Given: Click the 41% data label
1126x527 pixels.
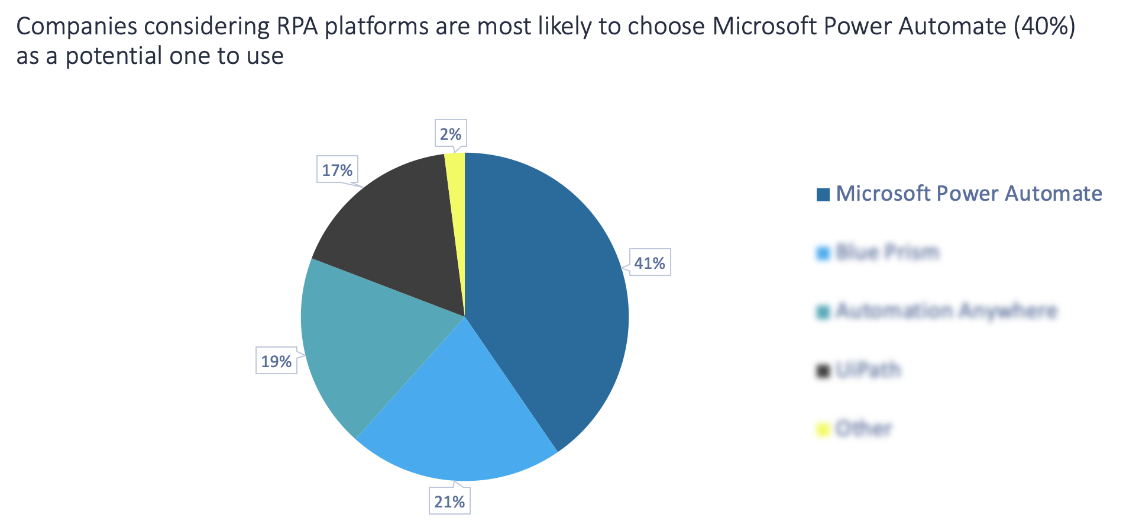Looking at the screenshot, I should point(649,262).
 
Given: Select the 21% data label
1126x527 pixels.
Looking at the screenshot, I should point(449,501).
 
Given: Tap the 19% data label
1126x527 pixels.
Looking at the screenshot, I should point(276,361).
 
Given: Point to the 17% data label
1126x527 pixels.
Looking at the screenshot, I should point(337,170).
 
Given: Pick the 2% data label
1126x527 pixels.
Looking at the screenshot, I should point(451,134).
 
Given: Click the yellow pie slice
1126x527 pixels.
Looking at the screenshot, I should point(456,195).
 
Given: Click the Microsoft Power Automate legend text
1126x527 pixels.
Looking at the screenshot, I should point(969,194).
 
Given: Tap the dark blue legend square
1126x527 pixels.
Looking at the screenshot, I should point(823,194).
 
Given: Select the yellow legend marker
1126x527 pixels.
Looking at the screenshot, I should point(823,429).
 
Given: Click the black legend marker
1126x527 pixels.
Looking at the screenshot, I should point(823,371).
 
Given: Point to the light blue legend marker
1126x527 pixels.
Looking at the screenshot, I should point(823,253).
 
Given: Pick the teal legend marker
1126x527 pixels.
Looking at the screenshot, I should point(823,311).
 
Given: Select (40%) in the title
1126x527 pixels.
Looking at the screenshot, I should point(1044,27).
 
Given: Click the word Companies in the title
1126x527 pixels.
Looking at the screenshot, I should point(76,27).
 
